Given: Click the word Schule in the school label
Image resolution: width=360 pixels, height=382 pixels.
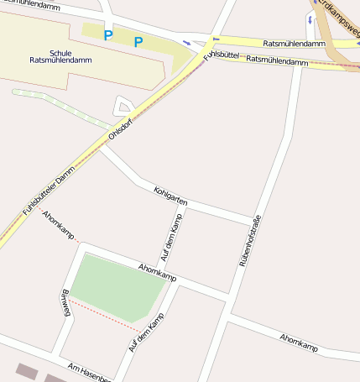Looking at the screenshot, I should click(x=62, y=52).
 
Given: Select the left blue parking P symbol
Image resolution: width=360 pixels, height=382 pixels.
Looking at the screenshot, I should click(x=107, y=35).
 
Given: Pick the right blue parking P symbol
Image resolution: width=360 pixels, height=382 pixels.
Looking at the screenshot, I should click(x=138, y=42).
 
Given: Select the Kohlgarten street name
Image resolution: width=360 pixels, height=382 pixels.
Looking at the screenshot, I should click(x=170, y=197).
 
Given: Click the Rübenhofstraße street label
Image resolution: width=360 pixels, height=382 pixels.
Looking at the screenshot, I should click(x=250, y=240).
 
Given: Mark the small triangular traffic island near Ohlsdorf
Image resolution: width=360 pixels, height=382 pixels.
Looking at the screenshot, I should click(x=123, y=107).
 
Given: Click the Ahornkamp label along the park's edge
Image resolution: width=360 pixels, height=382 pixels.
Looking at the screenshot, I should click(x=157, y=272).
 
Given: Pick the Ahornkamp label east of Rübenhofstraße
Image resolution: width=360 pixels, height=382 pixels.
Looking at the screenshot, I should click(x=300, y=342).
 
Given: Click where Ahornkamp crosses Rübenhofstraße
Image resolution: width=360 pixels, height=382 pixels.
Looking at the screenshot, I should click(x=229, y=298).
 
